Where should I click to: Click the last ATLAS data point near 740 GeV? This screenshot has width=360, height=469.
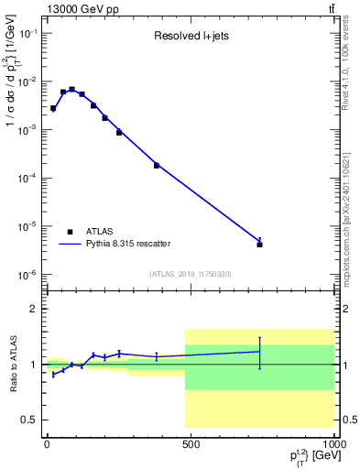click(x=260, y=245)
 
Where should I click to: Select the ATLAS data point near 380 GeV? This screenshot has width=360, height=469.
click(x=157, y=165)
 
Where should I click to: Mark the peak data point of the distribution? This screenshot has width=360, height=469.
click(x=71, y=90)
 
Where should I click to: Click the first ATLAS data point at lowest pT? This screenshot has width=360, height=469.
click(x=53, y=108)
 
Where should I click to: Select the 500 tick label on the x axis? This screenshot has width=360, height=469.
click(x=191, y=444)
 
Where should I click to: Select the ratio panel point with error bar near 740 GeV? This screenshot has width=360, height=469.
click(x=260, y=352)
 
